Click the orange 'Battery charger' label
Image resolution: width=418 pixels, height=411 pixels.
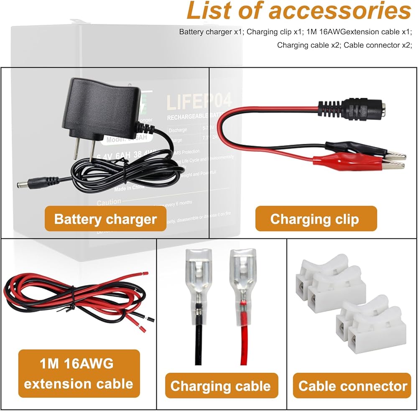[105, 219]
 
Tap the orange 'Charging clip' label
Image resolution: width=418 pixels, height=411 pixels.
[314, 219]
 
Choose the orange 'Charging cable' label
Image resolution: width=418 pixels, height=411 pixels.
[220, 386]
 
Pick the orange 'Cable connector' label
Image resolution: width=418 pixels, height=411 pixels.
[352, 386]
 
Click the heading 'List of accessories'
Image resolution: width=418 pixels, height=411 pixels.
[298, 11]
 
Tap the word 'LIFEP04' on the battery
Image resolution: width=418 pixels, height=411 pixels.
[199, 102]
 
